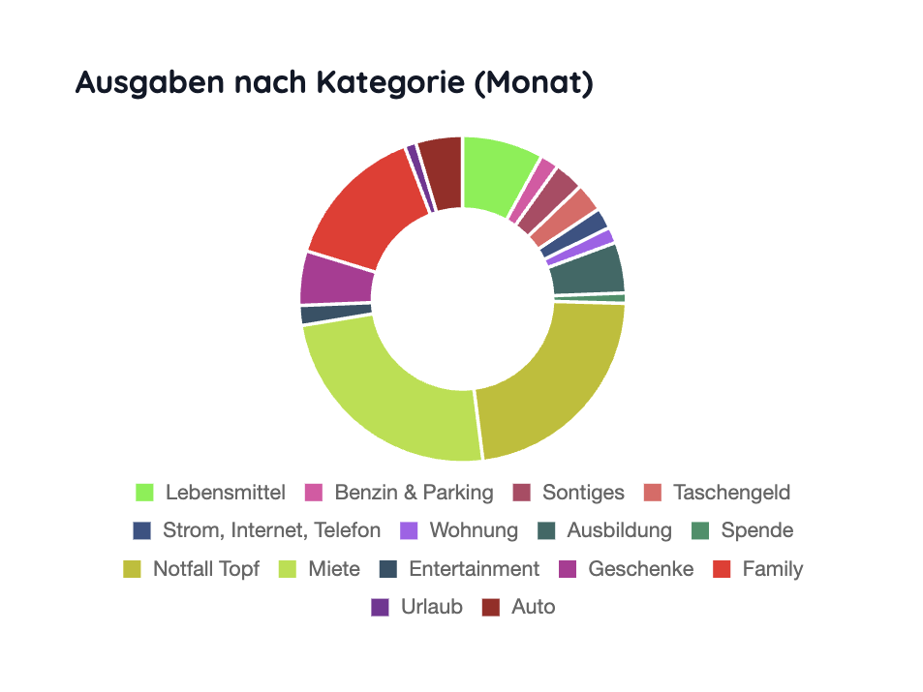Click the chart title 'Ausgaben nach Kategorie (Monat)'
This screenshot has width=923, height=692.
[x=333, y=83]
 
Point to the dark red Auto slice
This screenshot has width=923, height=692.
[x=443, y=172]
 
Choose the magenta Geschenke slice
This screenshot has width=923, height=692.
[x=335, y=279]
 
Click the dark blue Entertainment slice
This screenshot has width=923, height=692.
[x=335, y=314]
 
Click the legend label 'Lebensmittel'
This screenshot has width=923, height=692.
[x=225, y=493]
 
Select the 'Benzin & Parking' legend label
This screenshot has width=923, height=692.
[x=414, y=493]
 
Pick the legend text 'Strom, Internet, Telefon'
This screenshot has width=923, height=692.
[x=271, y=530]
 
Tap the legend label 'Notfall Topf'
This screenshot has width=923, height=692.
[x=205, y=569]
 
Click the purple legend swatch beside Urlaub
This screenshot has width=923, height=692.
[x=380, y=608]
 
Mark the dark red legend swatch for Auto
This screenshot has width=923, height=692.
[x=491, y=608]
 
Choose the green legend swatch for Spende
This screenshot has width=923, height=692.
[x=700, y=530]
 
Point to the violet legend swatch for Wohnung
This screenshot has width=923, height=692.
[x=409, y=530]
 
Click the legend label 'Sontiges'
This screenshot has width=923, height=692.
[x=583, y=493]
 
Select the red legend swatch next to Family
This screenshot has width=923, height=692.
[x=722, y=569]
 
